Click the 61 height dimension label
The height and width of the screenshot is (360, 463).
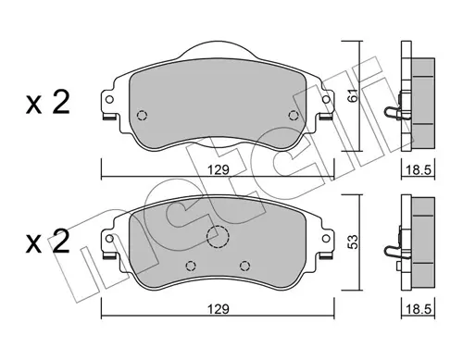click(354, 95)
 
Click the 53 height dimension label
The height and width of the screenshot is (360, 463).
click(354, 242)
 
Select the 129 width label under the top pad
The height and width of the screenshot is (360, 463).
click(219, 170)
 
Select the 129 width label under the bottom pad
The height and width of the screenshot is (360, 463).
click(219, 309)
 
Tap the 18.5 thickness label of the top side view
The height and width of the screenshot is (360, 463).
click(419, 170)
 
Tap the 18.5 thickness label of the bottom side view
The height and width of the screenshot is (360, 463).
click(419, 309)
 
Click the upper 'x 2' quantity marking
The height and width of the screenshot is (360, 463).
click(48, 104)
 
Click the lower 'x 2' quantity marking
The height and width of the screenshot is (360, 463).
click(48, 242)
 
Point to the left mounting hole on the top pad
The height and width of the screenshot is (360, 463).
click(109, 100)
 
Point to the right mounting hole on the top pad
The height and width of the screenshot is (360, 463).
click(326, 100)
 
